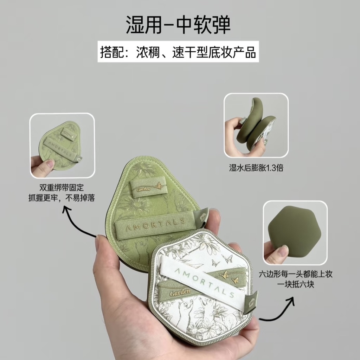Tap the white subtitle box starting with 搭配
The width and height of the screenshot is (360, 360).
point(178,52)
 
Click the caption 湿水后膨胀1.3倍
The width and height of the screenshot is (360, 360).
point(256,168)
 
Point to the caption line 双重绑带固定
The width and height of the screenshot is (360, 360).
point(62,188)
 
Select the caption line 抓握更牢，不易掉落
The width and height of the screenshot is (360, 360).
point(62,198)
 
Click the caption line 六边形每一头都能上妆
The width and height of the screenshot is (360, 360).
point(296,274)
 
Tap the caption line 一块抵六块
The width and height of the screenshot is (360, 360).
point(296,285)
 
